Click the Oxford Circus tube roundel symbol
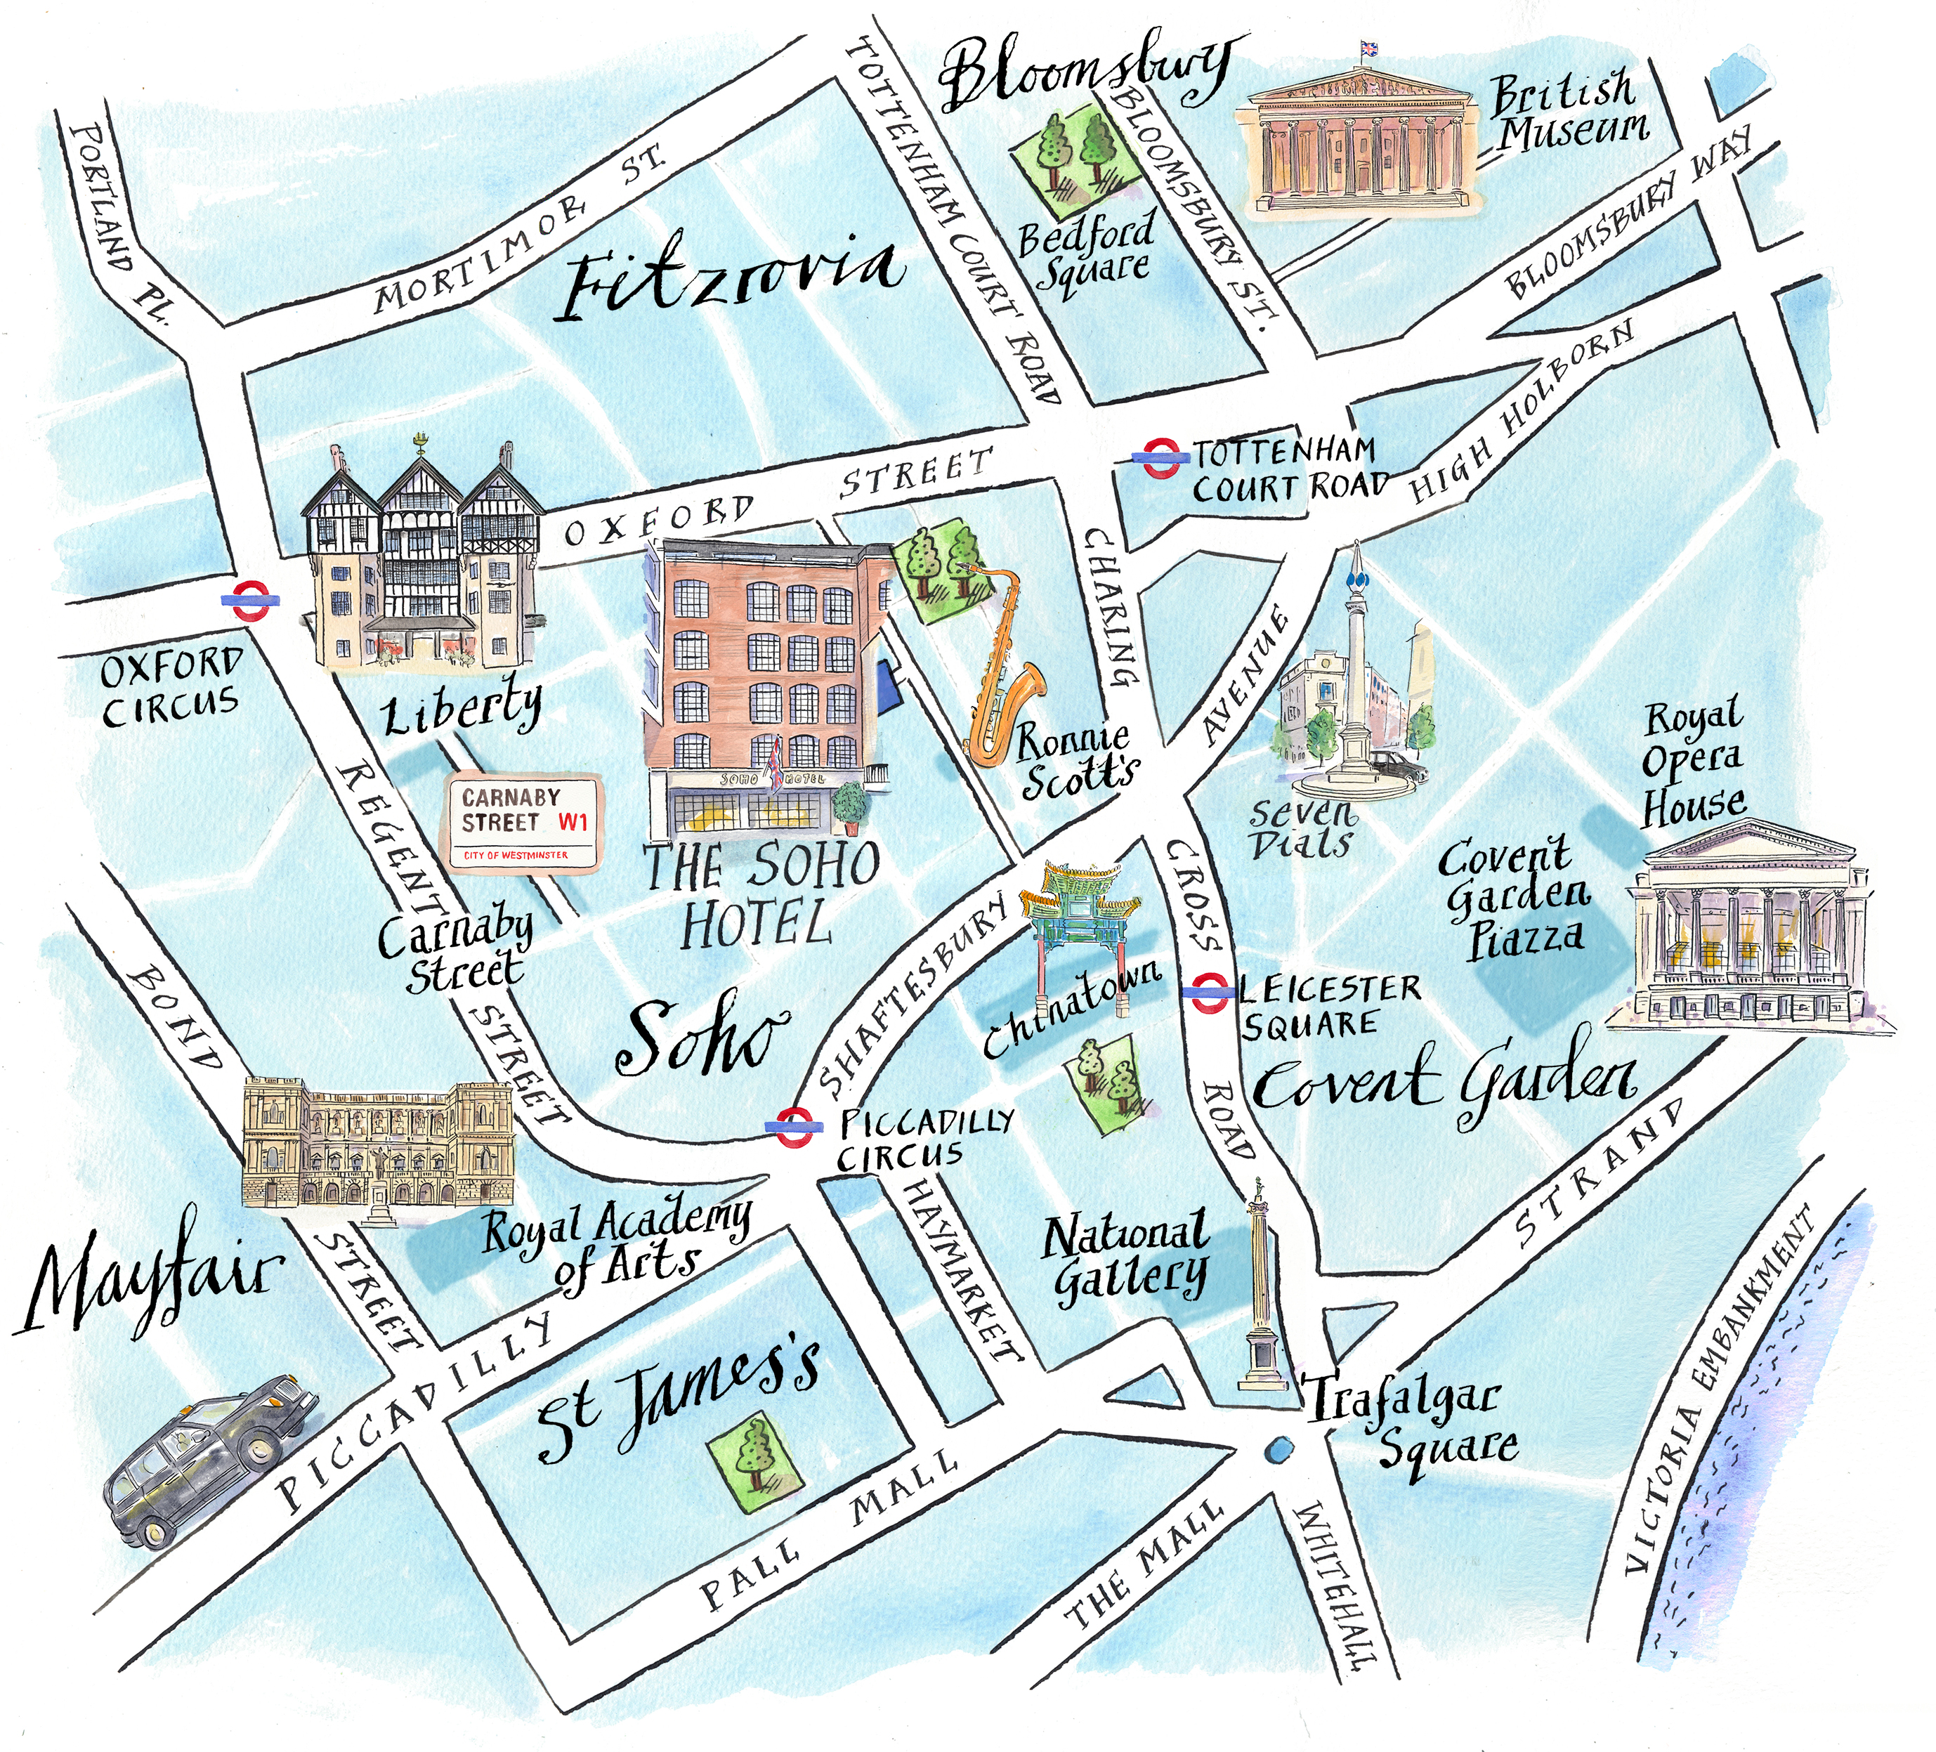(249, 599)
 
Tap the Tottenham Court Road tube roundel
(1160, 458)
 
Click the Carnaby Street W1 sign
(524, 823)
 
